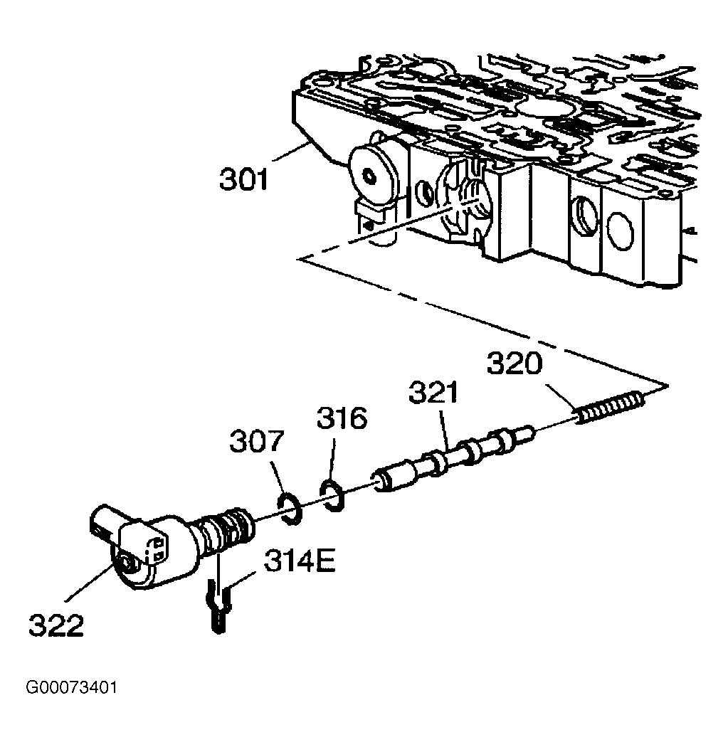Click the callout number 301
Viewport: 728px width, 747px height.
click(244, 179)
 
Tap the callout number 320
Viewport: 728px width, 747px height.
click(515, 364)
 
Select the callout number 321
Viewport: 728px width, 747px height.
click(433, 392)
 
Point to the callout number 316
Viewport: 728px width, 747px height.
click(342, 418)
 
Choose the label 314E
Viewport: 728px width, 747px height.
click(300, 561)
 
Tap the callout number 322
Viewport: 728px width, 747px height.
click(56, 625)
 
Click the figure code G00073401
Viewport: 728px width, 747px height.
click(71, 687)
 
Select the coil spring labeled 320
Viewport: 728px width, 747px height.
click(611, 406)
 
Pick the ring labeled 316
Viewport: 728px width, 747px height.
click(332, 496)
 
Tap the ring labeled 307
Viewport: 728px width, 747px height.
click(289, 509)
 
